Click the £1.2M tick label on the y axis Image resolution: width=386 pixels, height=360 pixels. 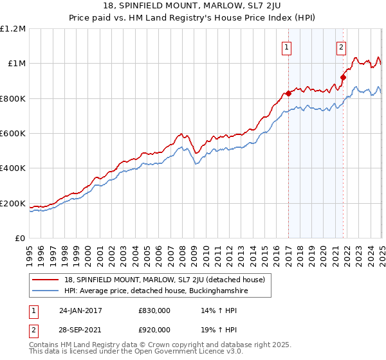[13, 29]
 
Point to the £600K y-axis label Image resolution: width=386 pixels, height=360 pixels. [13, 134]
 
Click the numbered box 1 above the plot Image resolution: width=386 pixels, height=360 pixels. [286, 46]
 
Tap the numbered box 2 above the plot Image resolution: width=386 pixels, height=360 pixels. [340, 46]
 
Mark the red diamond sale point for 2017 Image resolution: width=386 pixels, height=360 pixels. [288, 93]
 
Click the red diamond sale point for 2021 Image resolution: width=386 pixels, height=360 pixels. [344, 78]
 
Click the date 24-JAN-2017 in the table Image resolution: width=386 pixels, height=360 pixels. [80, 310]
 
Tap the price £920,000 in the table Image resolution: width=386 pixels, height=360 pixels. [154, 329]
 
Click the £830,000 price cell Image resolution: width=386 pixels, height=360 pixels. [154, 310]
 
